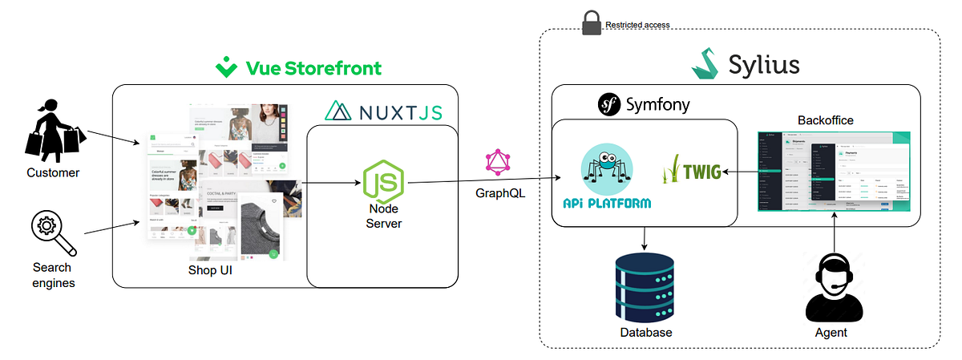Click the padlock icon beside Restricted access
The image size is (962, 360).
pos(591,23)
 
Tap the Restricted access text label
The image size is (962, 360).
pos(637,25)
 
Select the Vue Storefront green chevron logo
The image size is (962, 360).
pos(227,67)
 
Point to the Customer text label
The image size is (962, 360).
pos(54,172)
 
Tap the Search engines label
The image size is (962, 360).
pos(52,275)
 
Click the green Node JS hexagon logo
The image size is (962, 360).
pos(383,180)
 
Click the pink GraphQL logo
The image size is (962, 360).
pos(499,163)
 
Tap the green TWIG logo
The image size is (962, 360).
pos(691,171)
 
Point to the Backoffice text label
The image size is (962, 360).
pos(825,120)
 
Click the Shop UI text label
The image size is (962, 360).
pos(209,271)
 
